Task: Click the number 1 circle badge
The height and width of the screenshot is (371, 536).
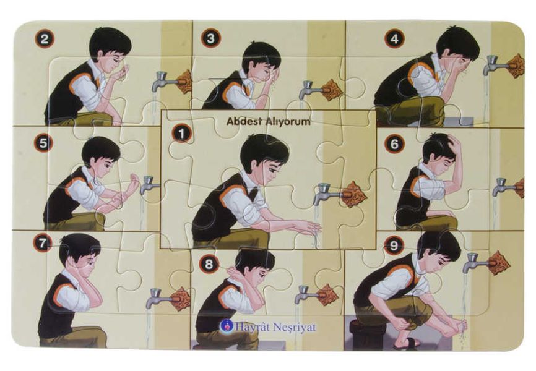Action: pos(181,133)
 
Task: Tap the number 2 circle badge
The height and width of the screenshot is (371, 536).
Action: pos(44,38)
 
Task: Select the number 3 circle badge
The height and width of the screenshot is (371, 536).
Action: pos(210,38)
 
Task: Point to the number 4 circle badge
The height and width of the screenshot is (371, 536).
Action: pos(394,38)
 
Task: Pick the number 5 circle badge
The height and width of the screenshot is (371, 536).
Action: pos(43,143)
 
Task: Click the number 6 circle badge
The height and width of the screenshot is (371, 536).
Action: pos(394,144)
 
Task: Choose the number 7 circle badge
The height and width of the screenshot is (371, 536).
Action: pos(42,243)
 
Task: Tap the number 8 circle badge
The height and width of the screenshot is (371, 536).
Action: pos(209,263)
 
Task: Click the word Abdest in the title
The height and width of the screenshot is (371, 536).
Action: pos(243,121)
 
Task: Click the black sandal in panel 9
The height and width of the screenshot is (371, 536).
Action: pos(406,344)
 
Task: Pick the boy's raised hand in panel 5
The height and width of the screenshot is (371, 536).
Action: pos(133,181)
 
